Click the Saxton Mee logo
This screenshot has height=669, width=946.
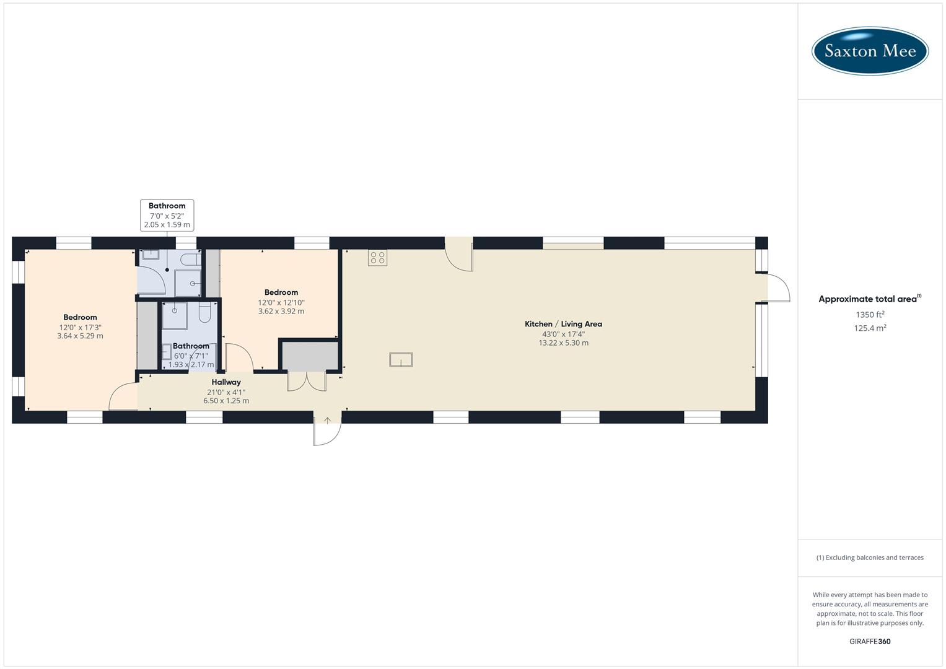point(870,51)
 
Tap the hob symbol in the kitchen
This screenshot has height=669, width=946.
point(377,258)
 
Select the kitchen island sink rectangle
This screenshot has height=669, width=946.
point(401,359)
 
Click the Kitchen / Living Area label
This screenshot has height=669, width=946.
point(563,324)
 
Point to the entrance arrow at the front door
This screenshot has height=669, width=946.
point(327,421)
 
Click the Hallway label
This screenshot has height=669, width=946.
point(226,382)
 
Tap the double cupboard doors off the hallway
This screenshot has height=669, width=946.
point(307,381)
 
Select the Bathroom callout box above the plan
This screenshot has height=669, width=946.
point(167,215)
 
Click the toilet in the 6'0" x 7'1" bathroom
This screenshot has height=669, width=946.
point(205,313)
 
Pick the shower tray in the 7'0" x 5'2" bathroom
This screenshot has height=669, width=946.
point(187,283)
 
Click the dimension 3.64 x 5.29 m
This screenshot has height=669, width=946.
point(80,336)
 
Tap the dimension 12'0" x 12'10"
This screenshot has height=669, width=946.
point(281,302)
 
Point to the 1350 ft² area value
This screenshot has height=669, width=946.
point(870,315)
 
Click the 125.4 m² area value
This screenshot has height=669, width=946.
point(870,328)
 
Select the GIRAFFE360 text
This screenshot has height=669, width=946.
point(870,642)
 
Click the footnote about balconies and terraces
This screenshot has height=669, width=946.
point(870,557)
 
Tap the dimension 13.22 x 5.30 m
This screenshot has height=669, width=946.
point(563,343)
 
